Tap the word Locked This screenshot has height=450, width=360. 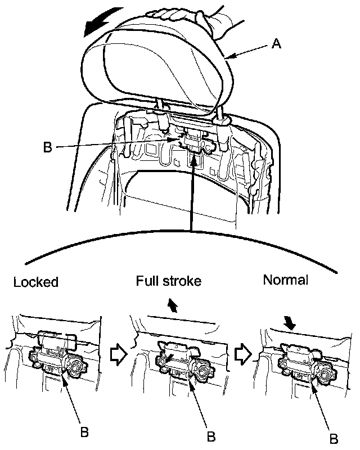coord(35,282)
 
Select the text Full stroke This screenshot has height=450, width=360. coord(168,281)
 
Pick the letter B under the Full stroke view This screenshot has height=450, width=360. coord(211,435)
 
